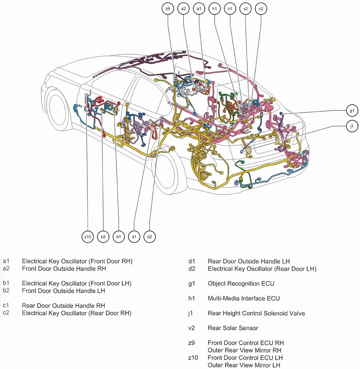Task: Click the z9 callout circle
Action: pos(168,9)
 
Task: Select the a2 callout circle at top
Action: pos(184,9)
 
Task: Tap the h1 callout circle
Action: pos(214,9)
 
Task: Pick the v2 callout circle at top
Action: pos(246,9)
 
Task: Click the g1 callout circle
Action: pos(352,111)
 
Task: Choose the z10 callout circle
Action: pos(88,237)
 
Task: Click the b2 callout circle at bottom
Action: pos(103,237)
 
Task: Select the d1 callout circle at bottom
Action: pos(134,237)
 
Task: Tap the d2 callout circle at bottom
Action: pos(150,237)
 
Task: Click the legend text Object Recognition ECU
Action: pos(241,283)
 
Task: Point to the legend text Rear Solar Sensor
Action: pos(233,328)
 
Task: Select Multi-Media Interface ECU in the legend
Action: pos(243,298)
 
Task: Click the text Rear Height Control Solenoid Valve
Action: pos(256,313)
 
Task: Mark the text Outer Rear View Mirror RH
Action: pos(244,350)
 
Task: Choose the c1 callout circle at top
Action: pos(230,9)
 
